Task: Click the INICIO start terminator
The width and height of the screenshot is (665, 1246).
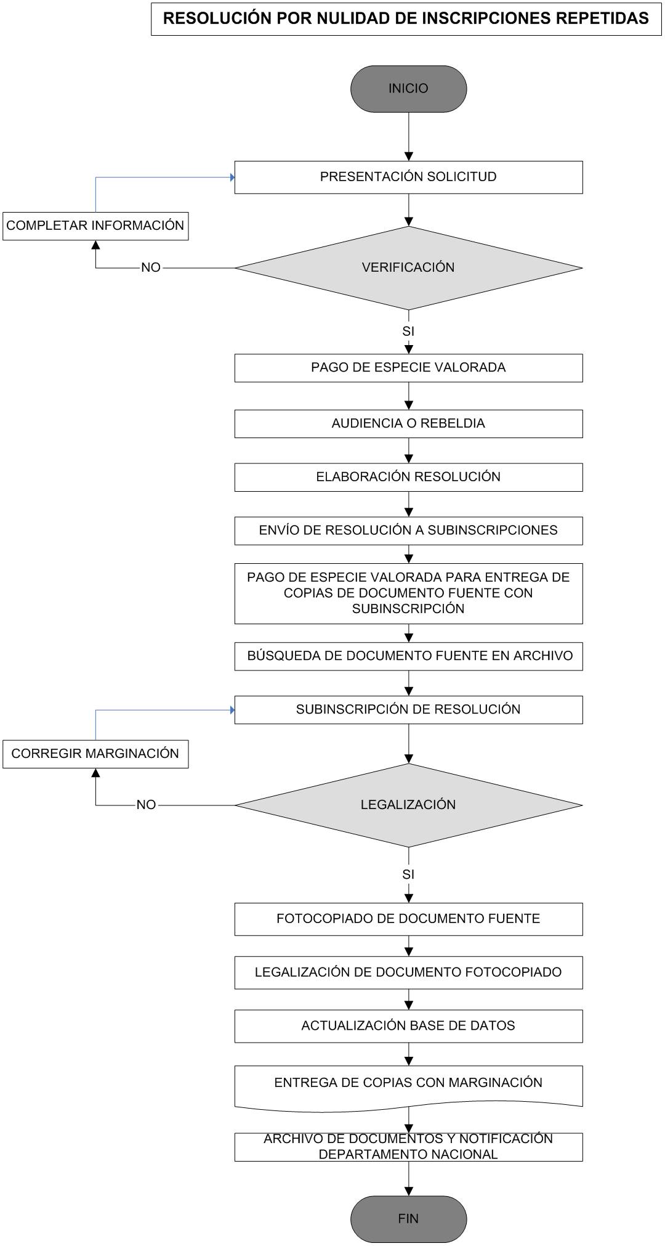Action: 408,89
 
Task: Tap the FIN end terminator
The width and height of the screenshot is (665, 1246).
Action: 408,1219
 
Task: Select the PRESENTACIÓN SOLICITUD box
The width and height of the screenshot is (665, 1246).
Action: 408,177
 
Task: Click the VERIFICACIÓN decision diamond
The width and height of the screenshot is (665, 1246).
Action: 408,268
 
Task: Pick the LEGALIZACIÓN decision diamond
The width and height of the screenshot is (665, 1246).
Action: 408,805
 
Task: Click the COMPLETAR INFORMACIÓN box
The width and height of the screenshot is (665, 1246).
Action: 95,226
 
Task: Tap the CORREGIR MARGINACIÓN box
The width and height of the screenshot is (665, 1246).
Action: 95,754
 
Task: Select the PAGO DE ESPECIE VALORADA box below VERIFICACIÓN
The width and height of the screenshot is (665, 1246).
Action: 408,368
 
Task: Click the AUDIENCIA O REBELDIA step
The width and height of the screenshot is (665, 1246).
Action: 408,424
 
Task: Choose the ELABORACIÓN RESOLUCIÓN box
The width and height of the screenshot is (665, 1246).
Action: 408,478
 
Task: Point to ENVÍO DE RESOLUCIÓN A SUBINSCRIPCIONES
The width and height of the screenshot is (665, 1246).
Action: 408,531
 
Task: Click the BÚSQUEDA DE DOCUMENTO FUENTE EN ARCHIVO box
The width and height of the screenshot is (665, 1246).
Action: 408,656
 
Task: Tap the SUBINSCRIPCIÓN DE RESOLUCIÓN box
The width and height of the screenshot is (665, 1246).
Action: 408,710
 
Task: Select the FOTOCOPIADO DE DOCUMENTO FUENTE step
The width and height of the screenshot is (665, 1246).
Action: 408,919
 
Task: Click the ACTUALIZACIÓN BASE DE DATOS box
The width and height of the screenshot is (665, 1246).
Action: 408,1026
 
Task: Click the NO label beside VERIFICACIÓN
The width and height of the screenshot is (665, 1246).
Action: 151,267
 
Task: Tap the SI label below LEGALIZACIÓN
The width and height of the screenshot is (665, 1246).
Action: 408,874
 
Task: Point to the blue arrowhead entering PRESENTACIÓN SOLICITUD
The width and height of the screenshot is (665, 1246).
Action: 232,177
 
